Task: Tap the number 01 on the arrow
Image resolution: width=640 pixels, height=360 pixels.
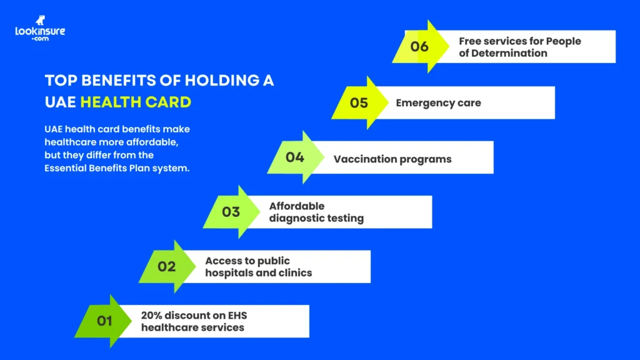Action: [x=104, y=321]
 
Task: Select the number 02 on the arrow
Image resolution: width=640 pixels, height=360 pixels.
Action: [x=166, y=267]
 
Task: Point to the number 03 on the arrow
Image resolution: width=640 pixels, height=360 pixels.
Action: [x=231, y=212]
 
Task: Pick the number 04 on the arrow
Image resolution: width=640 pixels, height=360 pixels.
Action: [x=295, y=157]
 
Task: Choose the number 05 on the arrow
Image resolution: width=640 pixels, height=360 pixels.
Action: [x=359, y=102]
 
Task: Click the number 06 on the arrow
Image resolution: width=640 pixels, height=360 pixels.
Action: [x=419, y=47]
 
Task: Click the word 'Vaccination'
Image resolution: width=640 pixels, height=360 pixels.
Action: [x=361, y=159]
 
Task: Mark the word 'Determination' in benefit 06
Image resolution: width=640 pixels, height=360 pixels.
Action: [x=511, y=53]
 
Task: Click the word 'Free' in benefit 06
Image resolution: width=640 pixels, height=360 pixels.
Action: [x=471, y=41]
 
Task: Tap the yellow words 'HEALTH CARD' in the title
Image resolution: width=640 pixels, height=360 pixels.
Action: [x=136, y=102]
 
